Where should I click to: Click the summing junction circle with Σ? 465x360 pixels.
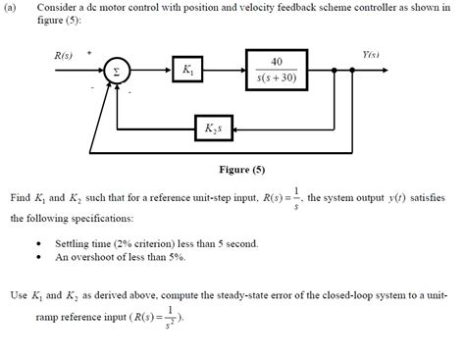pos(117,72)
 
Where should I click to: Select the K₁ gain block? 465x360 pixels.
pos(187,71)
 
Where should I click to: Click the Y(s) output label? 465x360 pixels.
pos(370,54)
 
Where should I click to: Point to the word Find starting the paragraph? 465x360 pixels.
pos(21,197)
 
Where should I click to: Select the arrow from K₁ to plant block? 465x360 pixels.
pos(226,71)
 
